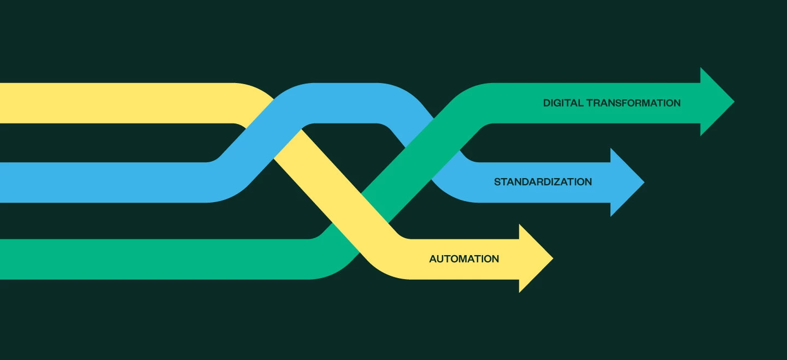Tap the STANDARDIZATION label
(x=543, y=182)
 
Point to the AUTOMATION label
(x=464, y=259)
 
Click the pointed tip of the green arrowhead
(x=733, y=102)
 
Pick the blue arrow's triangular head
(x=626, y=182)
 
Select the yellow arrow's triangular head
(x=535, y=258)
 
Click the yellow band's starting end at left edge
(x=2, y=103)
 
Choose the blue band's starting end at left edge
(x=2, y=182)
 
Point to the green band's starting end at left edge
(x=2, y=259)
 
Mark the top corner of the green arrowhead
(x=701, y=69)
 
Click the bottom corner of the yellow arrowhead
(x=520, y=291)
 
